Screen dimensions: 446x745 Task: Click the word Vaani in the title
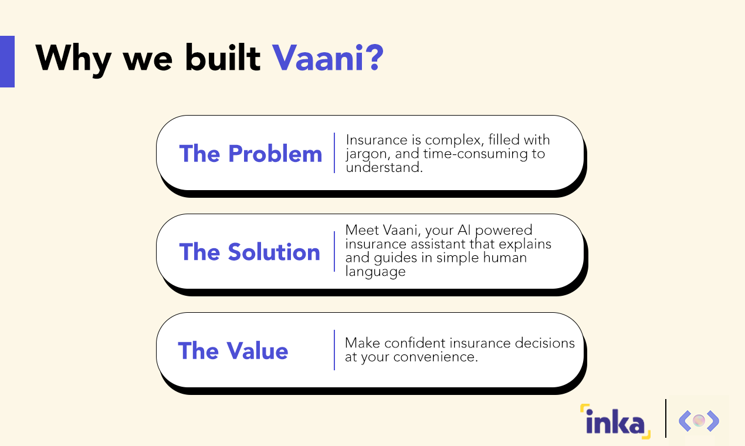point(319,58)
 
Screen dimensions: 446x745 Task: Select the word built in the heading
point(223,58)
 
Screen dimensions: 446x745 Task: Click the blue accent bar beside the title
point(7,62)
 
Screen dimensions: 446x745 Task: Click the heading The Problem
point(250,154)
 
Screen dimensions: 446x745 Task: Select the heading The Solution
point(250,252)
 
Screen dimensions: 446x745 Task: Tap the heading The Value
point(233,351)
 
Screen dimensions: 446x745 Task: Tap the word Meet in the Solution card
point(360,230)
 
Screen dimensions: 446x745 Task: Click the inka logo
point(615,421)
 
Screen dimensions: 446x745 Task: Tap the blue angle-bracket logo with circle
point(699,421)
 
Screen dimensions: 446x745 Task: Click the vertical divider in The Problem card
point(334,153)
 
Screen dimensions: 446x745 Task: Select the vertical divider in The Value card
point(334,350)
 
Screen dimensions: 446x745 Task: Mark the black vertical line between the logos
point(666,418)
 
